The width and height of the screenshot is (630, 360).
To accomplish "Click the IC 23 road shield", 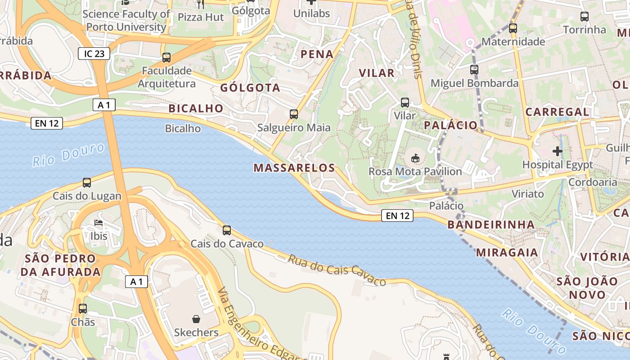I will click(94, 54).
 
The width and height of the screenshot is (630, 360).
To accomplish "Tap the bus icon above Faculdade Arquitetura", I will click(166, 58).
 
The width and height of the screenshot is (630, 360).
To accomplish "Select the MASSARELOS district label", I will click(294, 168).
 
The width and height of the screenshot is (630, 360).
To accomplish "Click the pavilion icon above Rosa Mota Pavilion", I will click(415, 158).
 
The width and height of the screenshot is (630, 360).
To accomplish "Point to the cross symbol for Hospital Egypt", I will click(558, 151).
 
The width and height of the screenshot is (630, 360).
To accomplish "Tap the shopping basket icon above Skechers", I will click(196, 319).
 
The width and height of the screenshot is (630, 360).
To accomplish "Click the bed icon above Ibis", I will click(99, 223).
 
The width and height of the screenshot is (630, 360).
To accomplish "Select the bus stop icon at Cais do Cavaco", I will click(227, 230).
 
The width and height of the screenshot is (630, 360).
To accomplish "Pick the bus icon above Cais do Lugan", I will click(87, 183).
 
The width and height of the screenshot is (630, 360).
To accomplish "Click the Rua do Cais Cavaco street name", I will click(337, 270).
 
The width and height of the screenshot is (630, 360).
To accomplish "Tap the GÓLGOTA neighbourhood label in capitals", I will click(250, 88).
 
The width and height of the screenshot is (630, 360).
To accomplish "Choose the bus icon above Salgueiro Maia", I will click(294, 114).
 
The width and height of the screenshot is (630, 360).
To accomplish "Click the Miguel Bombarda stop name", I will click(475, 83).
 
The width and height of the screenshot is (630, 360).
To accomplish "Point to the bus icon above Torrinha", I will click(585, 17).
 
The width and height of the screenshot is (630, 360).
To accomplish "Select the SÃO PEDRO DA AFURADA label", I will click(61, 265).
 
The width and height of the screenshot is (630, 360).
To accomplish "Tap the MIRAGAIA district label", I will click(507, 252).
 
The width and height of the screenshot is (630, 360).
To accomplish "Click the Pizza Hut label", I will click(201, 17).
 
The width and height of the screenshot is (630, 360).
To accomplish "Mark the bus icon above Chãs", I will click(83, 309).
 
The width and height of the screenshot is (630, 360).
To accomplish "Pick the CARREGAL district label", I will click(557, 112).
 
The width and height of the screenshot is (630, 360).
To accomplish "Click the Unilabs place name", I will click(311, 13).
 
